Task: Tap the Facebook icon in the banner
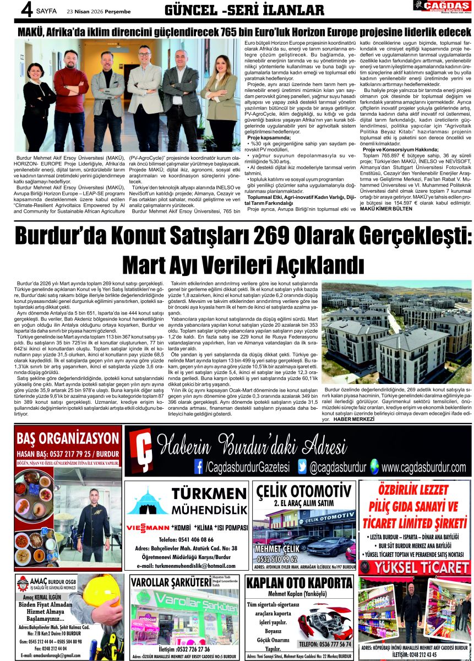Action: pos(199,467)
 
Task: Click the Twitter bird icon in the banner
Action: pos(302,467)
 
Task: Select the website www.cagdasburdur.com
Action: pos(423,468)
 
